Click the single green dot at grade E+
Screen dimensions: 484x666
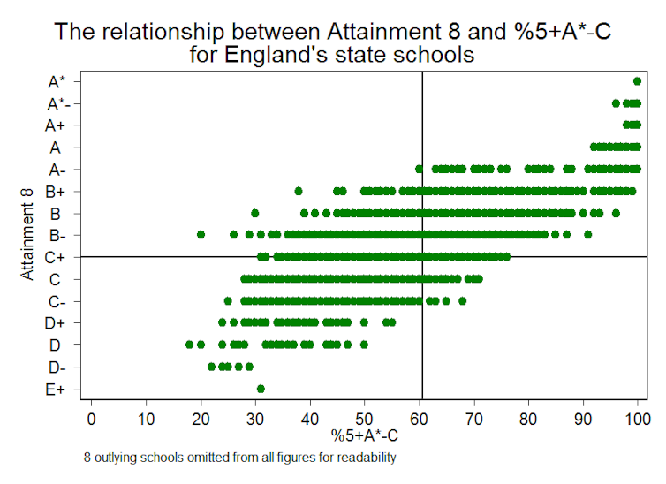[261, 389]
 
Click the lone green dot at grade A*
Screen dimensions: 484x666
[637, 81]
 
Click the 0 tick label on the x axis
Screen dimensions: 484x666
[91, 417]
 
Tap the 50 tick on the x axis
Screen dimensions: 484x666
[364, 417]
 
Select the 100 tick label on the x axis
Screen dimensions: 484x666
[637, 417]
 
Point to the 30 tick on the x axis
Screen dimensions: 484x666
[254, 417]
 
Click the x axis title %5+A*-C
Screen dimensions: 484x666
[364, 435]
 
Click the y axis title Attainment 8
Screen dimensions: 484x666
[28, 235]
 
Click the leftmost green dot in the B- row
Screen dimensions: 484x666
[201, 235]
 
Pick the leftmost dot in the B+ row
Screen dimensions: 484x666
[299, 191]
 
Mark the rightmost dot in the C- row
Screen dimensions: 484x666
[462, 300]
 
